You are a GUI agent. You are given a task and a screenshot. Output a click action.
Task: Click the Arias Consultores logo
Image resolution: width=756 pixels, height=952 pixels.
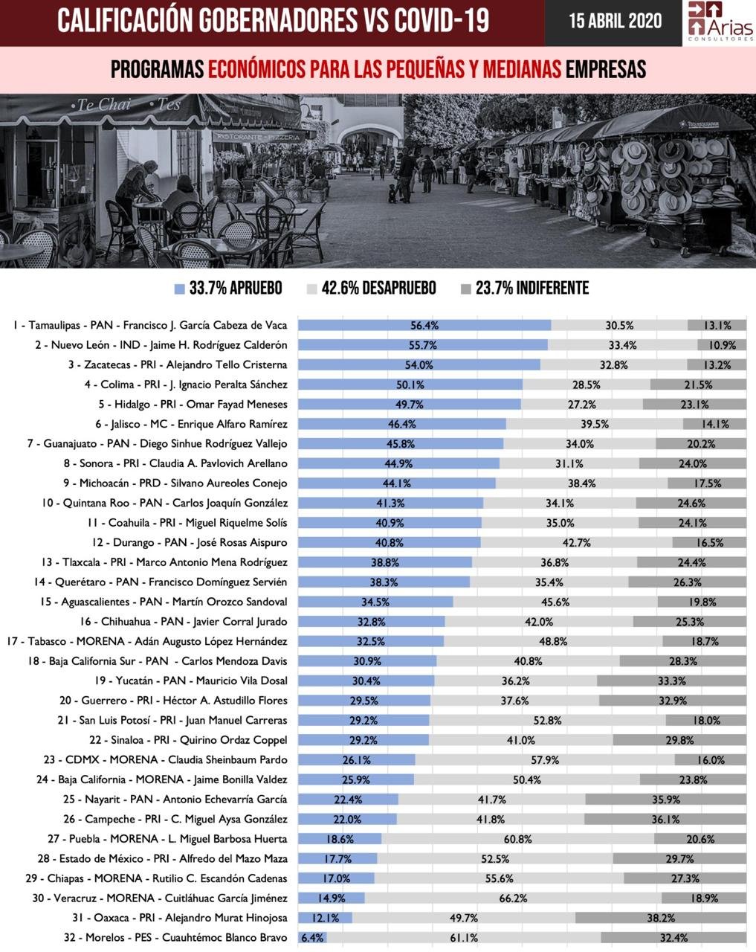(720, 22)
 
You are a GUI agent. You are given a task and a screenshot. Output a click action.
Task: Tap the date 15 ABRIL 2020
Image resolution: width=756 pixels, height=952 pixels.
(615, 21)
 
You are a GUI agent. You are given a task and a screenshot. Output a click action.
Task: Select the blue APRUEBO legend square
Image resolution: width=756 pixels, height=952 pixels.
(179, 289)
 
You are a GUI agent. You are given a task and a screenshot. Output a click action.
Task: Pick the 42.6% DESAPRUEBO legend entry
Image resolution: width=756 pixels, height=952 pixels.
(371, 289)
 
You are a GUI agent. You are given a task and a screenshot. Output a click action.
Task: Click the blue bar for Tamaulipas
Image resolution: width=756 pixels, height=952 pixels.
(424, 325)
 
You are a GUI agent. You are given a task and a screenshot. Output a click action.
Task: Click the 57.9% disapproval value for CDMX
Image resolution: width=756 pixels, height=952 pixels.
(544, 760)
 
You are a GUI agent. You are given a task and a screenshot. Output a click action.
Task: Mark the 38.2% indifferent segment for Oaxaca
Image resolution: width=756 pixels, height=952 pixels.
(660, 918)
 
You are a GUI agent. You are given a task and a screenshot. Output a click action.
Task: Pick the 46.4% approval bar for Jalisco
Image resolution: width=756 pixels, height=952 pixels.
(401, 424)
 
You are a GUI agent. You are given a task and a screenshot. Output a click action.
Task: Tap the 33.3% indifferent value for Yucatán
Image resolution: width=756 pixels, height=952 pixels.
(671, 681)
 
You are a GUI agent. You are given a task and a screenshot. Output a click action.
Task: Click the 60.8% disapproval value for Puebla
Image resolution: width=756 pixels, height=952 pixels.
(517, 839)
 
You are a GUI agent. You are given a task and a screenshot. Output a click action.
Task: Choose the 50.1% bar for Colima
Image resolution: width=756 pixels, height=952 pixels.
(410, 385)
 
